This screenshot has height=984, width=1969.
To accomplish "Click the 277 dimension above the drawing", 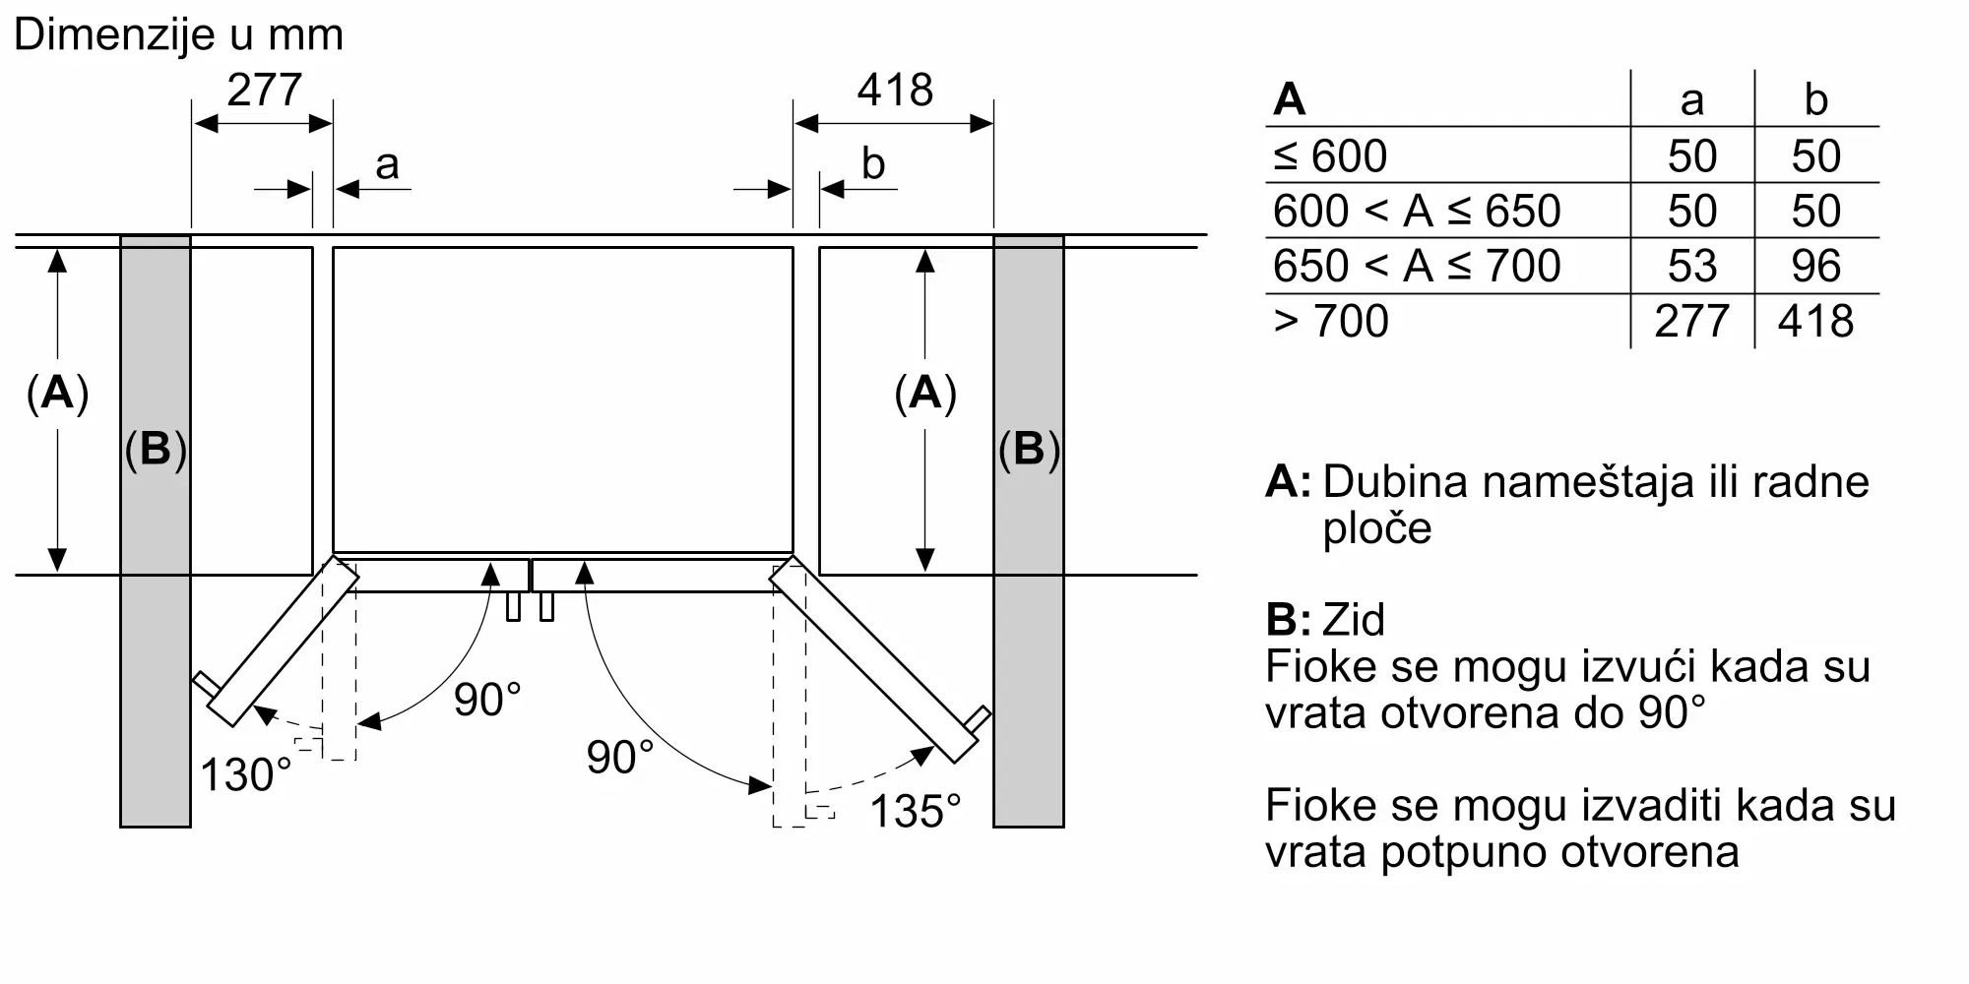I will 264,91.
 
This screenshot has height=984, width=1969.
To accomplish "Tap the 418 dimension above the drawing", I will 894,91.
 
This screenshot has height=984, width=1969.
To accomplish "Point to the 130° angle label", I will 245,774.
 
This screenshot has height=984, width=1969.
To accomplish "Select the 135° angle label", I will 915,812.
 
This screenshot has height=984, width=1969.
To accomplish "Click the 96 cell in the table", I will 1815,266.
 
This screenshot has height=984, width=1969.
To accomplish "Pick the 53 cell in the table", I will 1691,266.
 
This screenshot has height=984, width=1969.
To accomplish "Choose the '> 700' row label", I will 1331,321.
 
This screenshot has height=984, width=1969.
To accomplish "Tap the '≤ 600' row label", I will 1330,155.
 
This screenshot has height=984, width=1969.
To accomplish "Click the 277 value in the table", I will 1691,321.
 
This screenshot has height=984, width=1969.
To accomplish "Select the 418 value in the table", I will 1815,321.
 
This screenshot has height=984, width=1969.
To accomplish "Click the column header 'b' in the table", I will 1815,99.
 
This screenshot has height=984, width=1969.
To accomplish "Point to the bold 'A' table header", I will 1290,99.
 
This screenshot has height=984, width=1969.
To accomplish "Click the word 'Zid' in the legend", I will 1354,620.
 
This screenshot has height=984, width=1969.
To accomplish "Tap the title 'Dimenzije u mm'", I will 178,34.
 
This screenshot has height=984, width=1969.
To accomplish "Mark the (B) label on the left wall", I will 156,449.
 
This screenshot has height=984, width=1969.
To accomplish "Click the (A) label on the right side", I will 924,393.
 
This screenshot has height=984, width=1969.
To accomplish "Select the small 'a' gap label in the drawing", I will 387,163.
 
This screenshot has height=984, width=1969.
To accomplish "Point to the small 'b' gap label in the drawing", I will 872,163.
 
